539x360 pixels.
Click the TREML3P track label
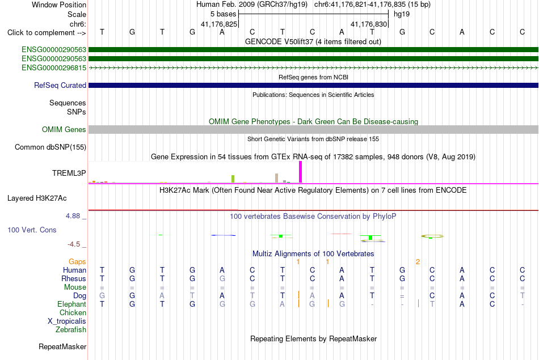pos(69,173)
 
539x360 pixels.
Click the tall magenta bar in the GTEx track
pos(301,172)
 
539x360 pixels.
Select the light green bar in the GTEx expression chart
pos(233,179)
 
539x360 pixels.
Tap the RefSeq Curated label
pos(60,85)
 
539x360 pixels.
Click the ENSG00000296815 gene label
pos(54,67)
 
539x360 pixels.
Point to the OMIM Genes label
pos(64,129)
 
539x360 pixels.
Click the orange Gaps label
pos(77,262)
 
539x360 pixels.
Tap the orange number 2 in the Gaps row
pos(418,262)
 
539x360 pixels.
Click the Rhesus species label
pos(74,278)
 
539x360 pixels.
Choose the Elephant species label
pos(71,304)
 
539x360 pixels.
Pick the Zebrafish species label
pos(71,329)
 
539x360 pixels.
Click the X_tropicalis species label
pos(67,321)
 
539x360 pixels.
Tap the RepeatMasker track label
pos(62,346)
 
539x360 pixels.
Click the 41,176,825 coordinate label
pos(219,24)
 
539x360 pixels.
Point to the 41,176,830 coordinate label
pos(369,24)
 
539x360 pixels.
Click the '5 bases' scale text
pos(224,14)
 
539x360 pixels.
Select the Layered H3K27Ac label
pos(37,198)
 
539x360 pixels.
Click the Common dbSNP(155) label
pos(50,147)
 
